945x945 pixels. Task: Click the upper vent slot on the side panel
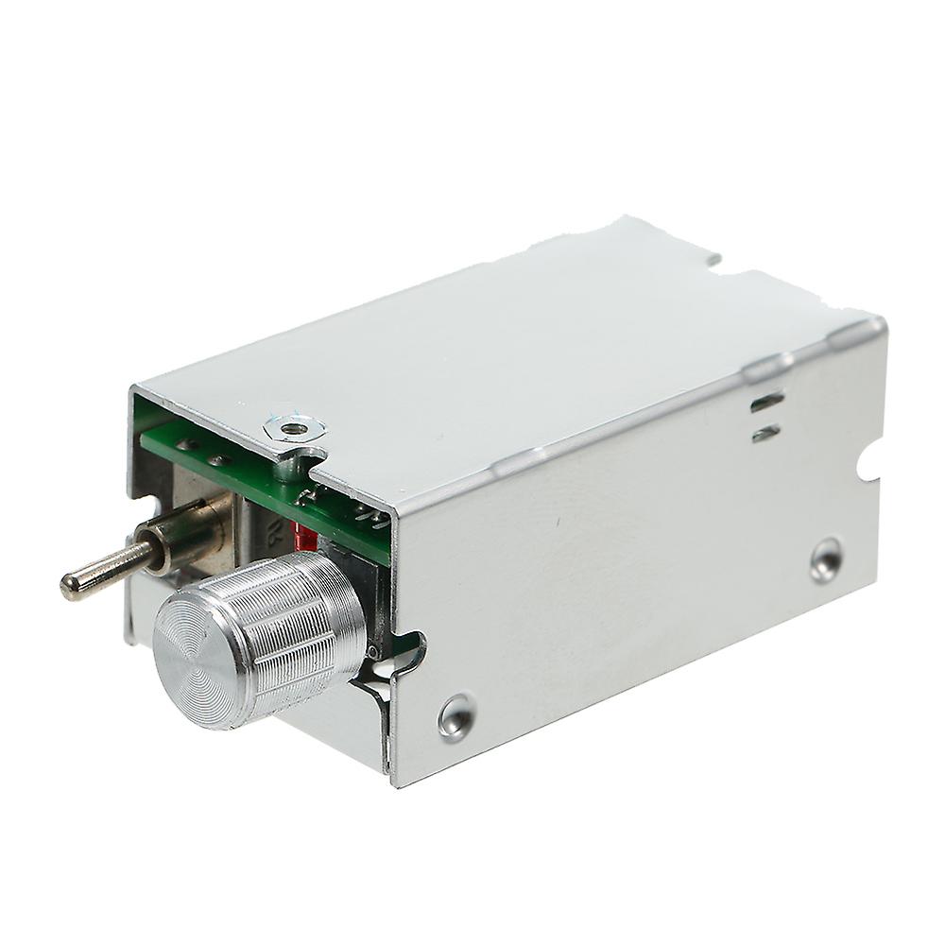point(765,403)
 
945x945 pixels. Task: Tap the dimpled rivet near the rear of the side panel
point(826,559)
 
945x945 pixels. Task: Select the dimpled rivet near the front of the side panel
point(456,715)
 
